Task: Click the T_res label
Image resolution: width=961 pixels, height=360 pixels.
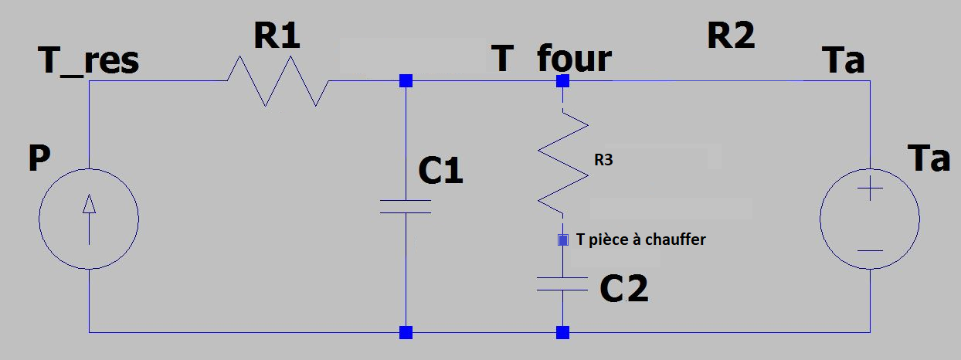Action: (89, 60)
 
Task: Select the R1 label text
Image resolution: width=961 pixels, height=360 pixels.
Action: (276, 36)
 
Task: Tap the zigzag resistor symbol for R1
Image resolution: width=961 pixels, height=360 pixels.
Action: (277, 80)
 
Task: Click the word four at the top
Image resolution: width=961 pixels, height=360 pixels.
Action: (574, 59)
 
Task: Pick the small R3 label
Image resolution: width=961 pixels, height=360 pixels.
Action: (605, 161)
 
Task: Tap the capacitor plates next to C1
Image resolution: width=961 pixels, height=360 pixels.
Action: (406, 205)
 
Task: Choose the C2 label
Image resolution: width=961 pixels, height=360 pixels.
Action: (624, 289)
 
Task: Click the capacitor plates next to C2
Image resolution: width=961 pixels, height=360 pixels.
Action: (563, 284)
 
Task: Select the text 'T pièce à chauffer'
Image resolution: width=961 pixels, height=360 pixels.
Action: (641, 239)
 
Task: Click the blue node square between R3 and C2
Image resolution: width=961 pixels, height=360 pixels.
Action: (563, 240)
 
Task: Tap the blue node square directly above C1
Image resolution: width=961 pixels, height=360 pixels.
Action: (406, 80)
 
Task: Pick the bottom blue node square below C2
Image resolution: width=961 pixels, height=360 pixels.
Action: (563, 333)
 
